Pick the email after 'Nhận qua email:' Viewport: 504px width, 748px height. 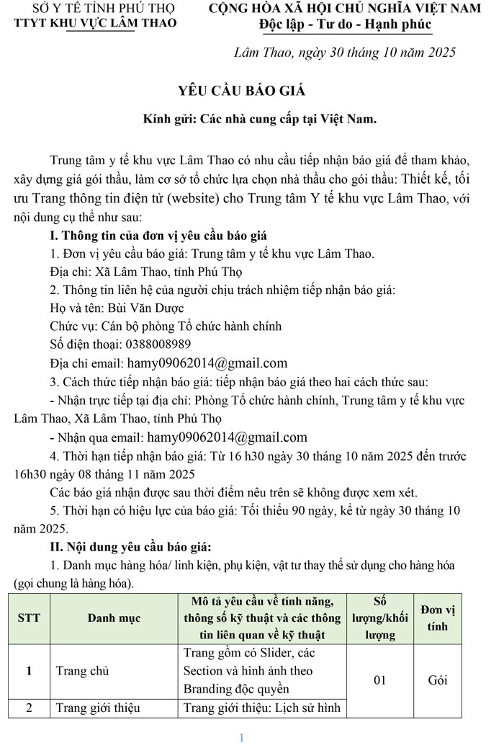(x=227, y=437)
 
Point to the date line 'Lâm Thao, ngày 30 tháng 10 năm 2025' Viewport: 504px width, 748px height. (x=345, y=53)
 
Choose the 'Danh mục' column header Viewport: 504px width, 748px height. (x=114, y=618)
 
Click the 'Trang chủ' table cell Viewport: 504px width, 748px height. (x=83, y=671)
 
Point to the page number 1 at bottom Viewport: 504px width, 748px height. (x=242, y=737)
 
